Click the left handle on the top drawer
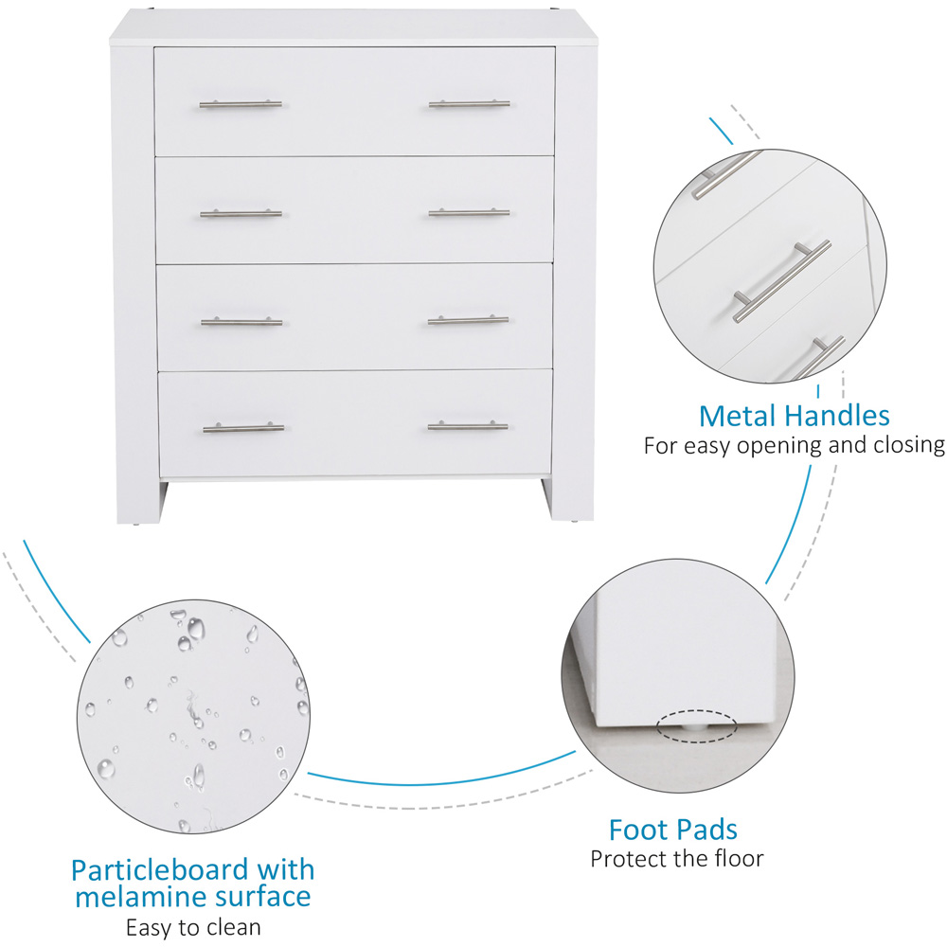click(x=241, y=104)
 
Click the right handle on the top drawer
click(x=470, y=104)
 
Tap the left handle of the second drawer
click(x=241, y=213)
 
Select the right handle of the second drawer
click(x=470, y=212)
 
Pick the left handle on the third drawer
click(x=241, y=322)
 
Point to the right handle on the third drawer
click(x=468, y=320)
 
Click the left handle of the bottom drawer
click(x=243, y=428)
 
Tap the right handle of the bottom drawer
click(x=468, y=426)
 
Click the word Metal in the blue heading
click(x=738, y=416)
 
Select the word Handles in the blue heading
click(x=838, y=416)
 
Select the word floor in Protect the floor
click(x=738, y=858)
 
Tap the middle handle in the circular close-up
click(x=782, y=281)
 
